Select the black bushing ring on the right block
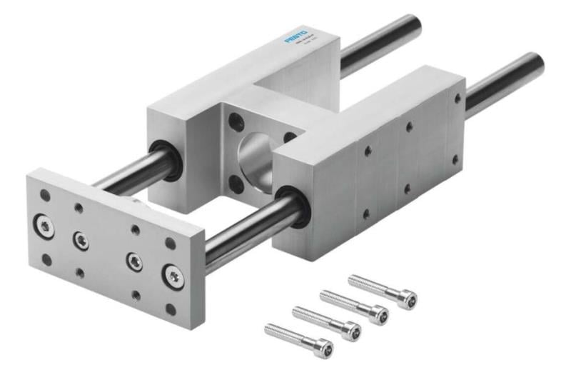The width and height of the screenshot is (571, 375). click(293, 206)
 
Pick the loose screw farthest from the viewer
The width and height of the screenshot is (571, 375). click(382, 289)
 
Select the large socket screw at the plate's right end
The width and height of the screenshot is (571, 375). click(172, 276)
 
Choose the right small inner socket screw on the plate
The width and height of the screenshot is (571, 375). click(133, 261)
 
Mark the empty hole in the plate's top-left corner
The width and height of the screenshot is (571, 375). click(44, 195)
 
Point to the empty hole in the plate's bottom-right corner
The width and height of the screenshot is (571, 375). click(171, 309)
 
